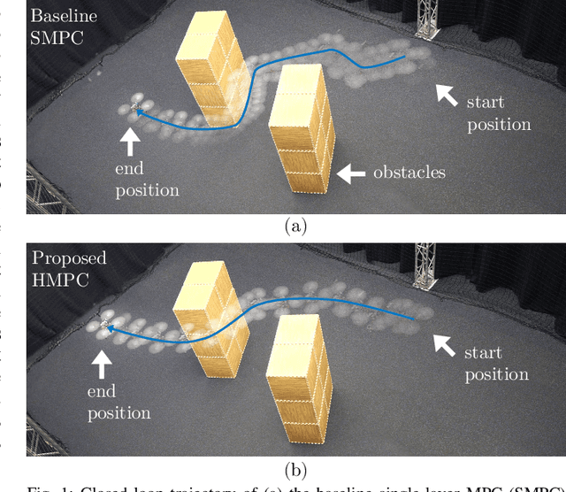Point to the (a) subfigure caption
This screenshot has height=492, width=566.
click(295, 227)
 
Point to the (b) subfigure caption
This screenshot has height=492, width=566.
click(295, 469)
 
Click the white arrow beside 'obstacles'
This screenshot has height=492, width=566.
click(352, 173)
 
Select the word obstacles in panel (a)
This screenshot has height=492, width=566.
click(408, 172)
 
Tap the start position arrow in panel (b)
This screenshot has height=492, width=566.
click(443, 343)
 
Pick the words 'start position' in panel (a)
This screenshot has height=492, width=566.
click(499, 113)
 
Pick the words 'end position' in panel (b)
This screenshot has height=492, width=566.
click(119, 402)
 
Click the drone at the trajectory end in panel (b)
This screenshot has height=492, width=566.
click(104, 327)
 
